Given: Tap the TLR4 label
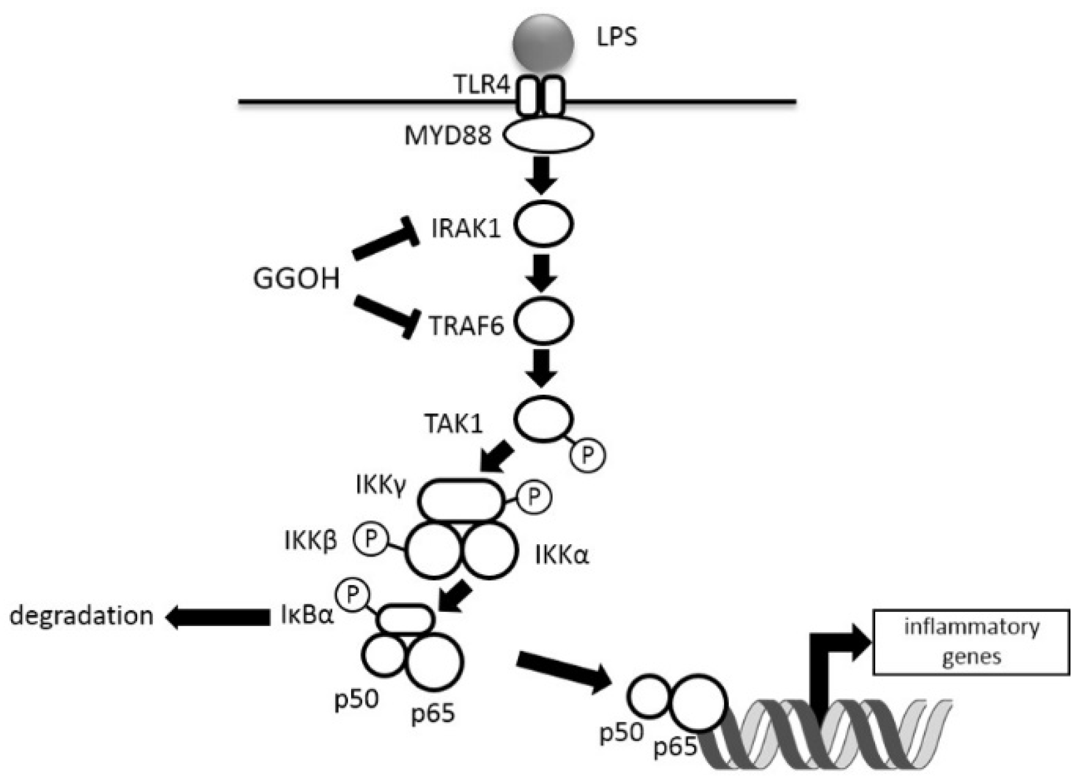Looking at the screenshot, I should click(482, 85).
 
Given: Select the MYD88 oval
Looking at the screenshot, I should click(548, 135).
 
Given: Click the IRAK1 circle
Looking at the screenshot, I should click(543, 224).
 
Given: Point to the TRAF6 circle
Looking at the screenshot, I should click(543, 322).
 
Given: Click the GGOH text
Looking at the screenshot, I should click(296, 278).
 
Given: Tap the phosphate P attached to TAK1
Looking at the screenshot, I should click(588, 455).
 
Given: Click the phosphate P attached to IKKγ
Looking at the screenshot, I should click(533, 497).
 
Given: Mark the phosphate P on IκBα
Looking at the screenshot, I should click(352, 595).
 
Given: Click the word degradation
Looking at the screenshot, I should click(82, 616).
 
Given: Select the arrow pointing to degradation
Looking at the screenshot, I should click(218, 617).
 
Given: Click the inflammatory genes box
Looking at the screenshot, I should click(971, 642).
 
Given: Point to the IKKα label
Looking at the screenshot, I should click(562, 555).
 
